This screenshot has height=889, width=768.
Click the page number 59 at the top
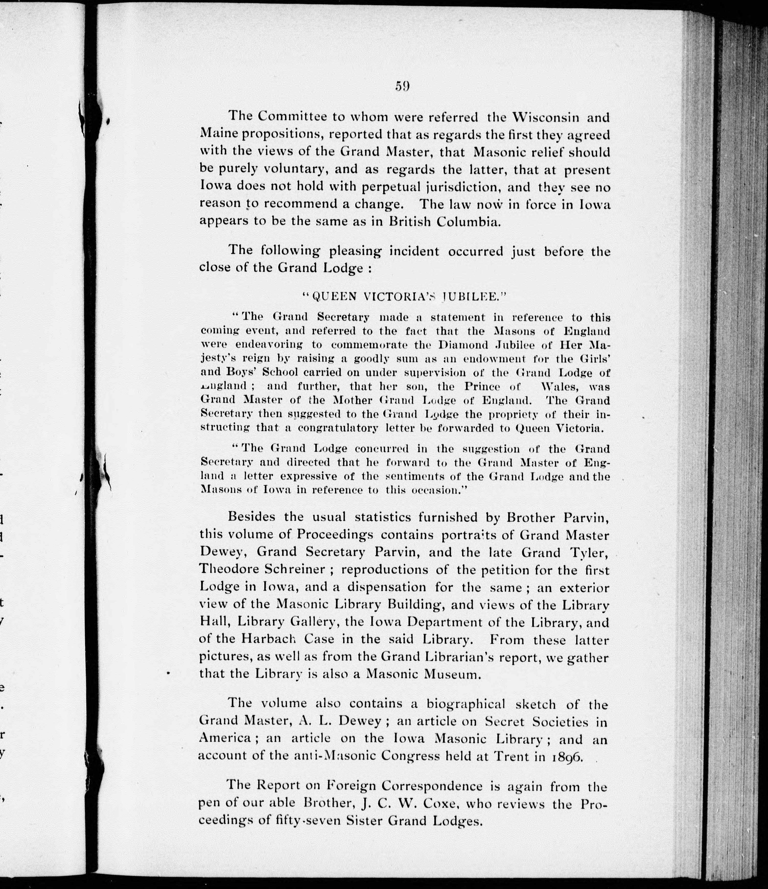point(403,86)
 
